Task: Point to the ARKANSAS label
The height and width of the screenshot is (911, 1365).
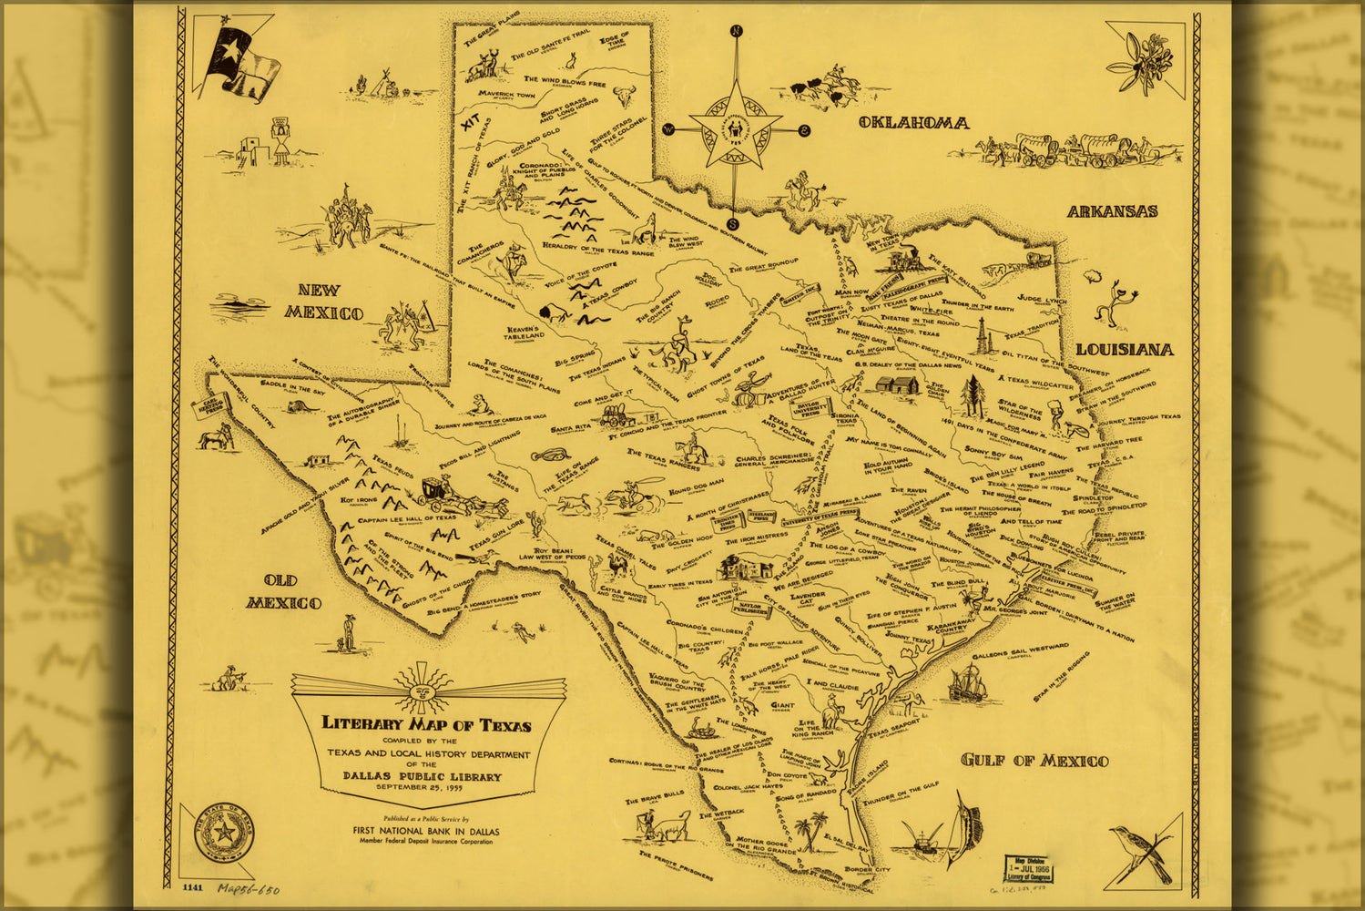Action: [1112, 211]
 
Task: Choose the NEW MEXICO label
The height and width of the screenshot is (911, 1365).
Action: [323, 302]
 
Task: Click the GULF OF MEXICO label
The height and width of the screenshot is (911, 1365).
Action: [1034, 761]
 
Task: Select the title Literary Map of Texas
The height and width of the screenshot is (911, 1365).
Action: [426, 725]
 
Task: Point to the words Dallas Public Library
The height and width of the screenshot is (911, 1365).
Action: [422, 776]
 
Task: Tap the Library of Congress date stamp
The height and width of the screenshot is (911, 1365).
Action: [1024, 868]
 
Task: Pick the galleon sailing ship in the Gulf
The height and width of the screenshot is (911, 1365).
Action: [968, 684]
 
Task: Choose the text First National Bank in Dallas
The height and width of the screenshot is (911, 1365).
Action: [425, 831]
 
